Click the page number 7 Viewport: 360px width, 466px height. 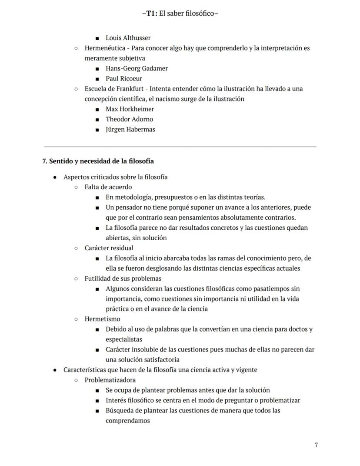click(316, 445)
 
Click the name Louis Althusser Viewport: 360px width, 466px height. click(128, 38)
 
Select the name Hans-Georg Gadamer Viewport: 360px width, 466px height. click(137, 68)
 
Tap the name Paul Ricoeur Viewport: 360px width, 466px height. click(124, 79)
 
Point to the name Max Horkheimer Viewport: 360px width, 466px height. click(130, 109)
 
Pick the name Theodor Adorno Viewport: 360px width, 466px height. click(129, 119)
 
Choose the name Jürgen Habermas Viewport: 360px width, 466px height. click(130, 129)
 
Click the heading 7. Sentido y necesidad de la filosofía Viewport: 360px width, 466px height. click(98, 161)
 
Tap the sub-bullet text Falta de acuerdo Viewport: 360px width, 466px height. click(108, 187)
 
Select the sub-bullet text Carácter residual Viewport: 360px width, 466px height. click(109, 248)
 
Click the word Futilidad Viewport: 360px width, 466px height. click(98, 278)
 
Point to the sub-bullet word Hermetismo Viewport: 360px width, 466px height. click(102, 319)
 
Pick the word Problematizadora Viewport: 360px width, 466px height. click(110, 380)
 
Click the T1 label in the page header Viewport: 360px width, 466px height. click(150, 13)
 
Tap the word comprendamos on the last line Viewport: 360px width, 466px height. click(127, 421)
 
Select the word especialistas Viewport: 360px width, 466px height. click(123, 339)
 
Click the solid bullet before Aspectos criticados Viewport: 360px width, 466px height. click(55, 177)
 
